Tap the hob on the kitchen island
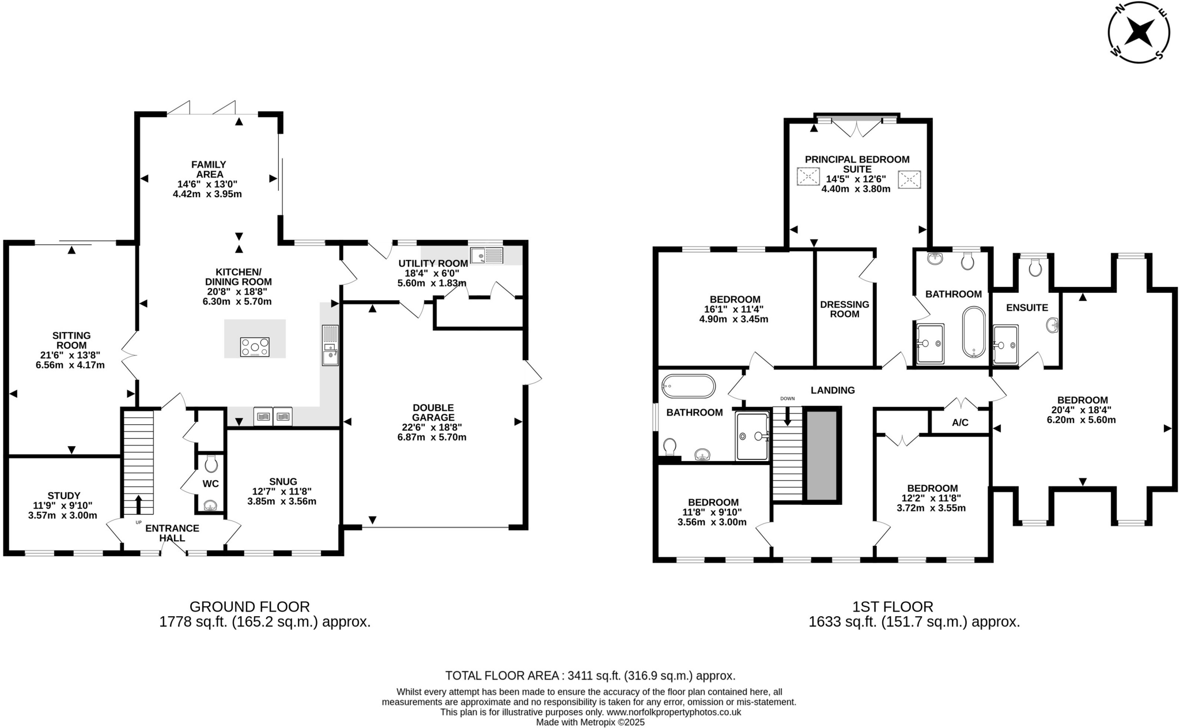click(255, 347)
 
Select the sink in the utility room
click(486, 255)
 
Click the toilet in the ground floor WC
click(211, 463)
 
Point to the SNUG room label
click(282, 481)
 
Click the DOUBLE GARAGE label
click(433, 412)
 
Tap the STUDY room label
click(64, 495)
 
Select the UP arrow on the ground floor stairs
click(138, 504)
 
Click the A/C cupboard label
click(960, 423)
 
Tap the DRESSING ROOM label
click(844, 309)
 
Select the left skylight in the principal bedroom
click(808, 176)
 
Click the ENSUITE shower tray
click(1005, 345)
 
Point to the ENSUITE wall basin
click(1053, 326)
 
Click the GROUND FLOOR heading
click(249, 606)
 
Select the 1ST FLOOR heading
click(892, 606)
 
